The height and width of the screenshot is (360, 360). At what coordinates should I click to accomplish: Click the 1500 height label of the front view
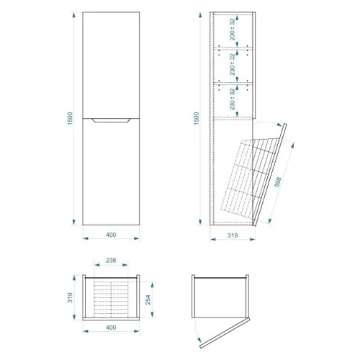(x=70, y=118)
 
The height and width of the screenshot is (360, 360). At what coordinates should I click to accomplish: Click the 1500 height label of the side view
(x=197, y=118)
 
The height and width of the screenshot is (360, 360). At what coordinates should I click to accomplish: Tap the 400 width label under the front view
(x=111, y=235)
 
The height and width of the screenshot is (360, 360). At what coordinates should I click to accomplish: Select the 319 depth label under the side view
(x=233, y=235)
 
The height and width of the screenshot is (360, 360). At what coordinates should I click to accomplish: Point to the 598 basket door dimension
(x=278, y=182)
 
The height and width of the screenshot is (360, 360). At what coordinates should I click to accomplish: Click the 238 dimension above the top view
(x=111, y=260)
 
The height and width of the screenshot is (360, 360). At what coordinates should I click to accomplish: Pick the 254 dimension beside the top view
(x=148, y=300)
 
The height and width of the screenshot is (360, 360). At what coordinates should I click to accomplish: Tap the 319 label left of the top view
(x=70, y=297)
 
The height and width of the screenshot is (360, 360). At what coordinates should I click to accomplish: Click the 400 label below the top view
(x=111, y=328)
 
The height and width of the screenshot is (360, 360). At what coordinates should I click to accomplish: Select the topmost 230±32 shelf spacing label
(x=233, y=30)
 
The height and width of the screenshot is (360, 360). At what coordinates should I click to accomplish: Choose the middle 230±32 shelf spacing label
(x=233, y=64)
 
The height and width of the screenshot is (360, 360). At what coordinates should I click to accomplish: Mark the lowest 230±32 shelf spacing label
(x=233, y=99)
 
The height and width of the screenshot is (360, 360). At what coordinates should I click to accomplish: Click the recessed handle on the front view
(x=111, y=120)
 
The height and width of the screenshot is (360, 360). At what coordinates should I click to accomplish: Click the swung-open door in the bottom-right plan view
(x=225, y=333)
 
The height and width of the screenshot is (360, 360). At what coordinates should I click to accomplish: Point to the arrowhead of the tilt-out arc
(x=279, y=125)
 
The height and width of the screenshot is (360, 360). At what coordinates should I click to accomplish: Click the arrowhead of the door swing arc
(x=199, y=340)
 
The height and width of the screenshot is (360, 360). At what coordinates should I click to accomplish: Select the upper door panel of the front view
(x=111, y=65)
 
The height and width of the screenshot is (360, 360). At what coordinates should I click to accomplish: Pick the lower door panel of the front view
(x=111, y=172)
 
